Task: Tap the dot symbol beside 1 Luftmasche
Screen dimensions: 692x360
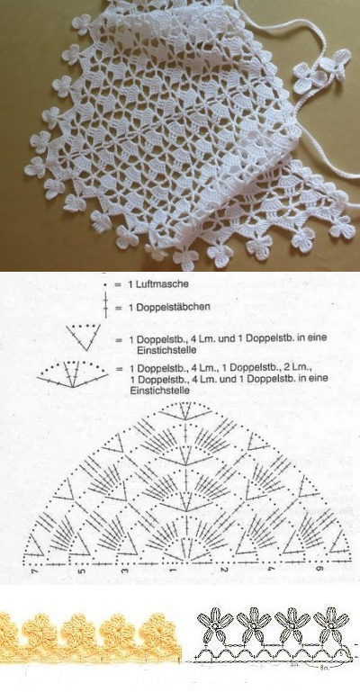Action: [106, 284]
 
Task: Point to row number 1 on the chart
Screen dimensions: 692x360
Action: [172, 571]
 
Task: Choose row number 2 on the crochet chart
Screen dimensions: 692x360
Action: [194, 571]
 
